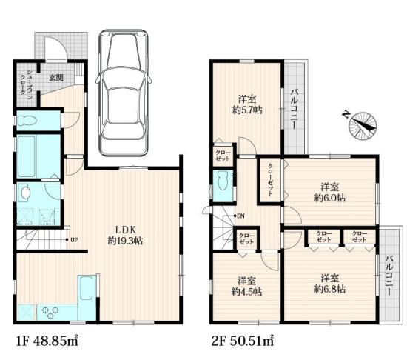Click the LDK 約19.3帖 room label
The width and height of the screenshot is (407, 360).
[125, 236]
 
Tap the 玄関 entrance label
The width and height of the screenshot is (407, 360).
[56, 77]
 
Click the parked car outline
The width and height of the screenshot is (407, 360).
[124, 93]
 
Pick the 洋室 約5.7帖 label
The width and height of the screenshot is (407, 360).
[247, 104]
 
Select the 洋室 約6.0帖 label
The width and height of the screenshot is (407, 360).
[329, 192]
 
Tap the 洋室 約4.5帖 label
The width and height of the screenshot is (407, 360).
[247, 286]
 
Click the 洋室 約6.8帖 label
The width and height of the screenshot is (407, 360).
[329, 284]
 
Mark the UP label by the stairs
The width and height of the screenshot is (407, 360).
[74, 240]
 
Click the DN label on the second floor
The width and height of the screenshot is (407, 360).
[240, 216]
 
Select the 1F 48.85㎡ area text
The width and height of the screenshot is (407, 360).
[47, 341]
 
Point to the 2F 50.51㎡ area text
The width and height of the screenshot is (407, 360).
[243, 341]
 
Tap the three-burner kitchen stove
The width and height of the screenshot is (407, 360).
[50, 312]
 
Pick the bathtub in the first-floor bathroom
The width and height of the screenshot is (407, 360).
[26, 156]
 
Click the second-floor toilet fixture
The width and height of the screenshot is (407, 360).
[223, 181]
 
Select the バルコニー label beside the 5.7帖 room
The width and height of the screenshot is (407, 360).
[294, 109]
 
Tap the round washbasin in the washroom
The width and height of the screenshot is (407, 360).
[26, 193]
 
